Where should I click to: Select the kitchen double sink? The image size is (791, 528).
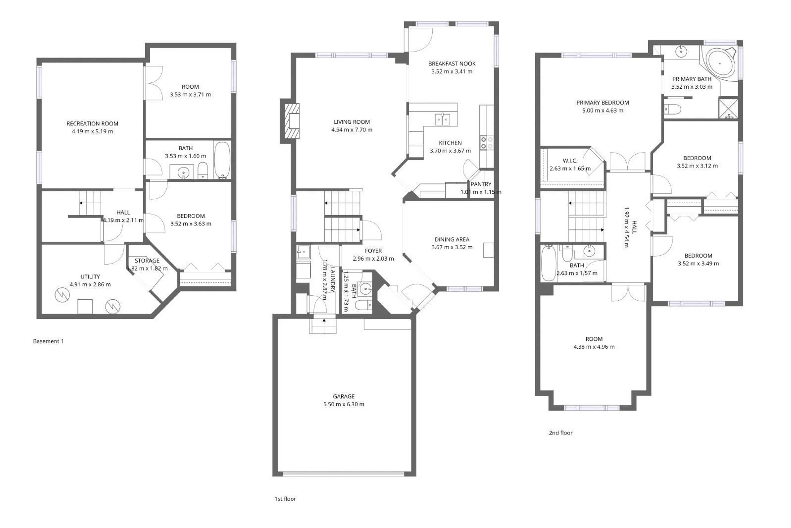click(x=442, y=119)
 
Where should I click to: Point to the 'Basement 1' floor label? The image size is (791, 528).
click(x=48, y=341)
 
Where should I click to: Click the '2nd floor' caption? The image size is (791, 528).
click(x=560, y=433)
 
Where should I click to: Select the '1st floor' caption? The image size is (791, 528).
click(x=285, y=499)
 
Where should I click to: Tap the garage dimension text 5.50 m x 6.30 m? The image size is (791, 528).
click(x=344, y=404)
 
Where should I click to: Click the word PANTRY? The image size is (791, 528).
click(x=481, y=184)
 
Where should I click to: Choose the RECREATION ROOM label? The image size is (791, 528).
click(x=92, y=124)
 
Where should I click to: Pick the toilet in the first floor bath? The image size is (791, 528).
click(x=364, y=305)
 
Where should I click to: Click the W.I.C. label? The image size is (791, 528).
click(x=570, y=161)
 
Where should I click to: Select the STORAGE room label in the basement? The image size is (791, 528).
click(x=147, y=261)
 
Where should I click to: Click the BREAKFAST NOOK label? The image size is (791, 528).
click(x=452, y=64)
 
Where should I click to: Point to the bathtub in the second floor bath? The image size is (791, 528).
click(x=548, y=264)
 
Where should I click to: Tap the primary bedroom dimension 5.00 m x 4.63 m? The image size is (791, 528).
click(x=603, y=110)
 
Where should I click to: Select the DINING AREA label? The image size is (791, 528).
click(x=452, y=239)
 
